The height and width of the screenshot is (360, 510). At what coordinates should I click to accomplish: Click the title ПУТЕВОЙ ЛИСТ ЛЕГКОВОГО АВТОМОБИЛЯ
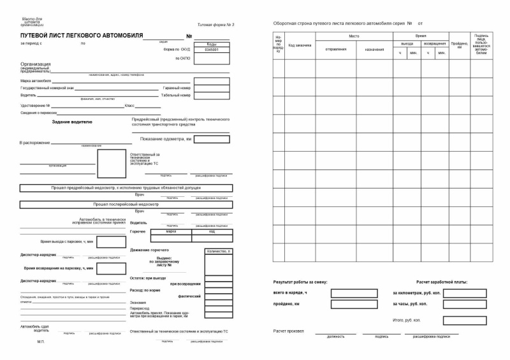pyautogui.click(x=82, y=35)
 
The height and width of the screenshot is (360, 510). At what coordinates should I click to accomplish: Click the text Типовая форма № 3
pyautogui.click(x=217, y=24)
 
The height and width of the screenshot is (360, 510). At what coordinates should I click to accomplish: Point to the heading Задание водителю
pyautogui.click(x=72, y=121)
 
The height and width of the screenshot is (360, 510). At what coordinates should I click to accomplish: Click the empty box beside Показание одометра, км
pyautogui.click(x=211, y=139)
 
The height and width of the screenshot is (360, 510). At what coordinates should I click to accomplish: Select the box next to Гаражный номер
pyautogui.click(x=211, y=88)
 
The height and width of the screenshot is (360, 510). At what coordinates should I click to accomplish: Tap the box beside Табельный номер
pyautogui.click(x=211, y=96)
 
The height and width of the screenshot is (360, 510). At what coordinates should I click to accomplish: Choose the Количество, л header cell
pyautogui.click(x=219, y=252)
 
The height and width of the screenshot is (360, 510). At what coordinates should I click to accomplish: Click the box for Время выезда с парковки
pyautogui.click(x=111, y=242)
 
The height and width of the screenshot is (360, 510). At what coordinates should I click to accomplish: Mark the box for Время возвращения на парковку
pyautogui.click(x=111, y=268)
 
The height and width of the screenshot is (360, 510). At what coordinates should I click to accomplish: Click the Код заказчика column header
pyautogui.click(x=300, y=45)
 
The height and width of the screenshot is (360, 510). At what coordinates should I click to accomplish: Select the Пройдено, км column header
pyautogui.click(x=459, y=45)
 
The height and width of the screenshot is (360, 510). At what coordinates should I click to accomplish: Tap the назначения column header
pyautogui.click(x=374, y=49)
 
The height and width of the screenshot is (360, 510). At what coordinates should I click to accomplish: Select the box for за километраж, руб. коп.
pyautogui.click(x=465, y=293)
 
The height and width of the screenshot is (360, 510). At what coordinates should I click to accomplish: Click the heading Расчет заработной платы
pyautogui.click(x=442, y=282)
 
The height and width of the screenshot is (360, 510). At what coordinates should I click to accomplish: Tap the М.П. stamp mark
pyautogui.click(x=41, y=342)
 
